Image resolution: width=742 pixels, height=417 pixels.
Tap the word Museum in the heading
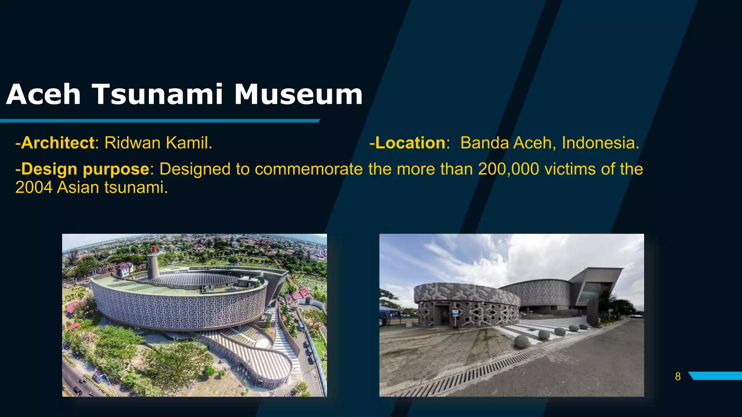[298, 95]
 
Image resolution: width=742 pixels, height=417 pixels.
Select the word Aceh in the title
[43, 95]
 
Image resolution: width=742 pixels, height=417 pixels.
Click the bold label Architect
[58, 143]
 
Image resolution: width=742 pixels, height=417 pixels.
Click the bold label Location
[410, 143]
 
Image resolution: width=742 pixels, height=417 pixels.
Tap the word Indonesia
[600, 143]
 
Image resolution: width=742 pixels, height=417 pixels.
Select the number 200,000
[508, 169]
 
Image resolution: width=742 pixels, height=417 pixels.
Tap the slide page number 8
[678, 377]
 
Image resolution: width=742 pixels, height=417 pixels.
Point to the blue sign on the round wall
[455, 313]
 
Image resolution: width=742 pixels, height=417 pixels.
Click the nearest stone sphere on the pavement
[522, 342]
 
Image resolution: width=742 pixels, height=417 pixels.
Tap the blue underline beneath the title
[159, 121]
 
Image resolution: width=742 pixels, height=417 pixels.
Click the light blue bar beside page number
[716, 376]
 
